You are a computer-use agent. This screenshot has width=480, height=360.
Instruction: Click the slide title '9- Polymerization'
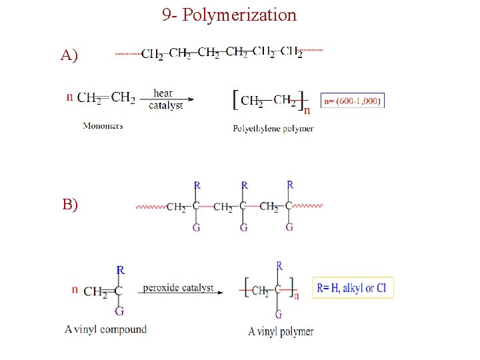coord(229,15)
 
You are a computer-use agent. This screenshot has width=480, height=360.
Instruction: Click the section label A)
coord(69,55)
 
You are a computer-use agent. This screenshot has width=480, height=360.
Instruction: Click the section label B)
coord(70,205)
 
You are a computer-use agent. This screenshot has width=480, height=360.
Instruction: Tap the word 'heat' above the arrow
coord(163,93)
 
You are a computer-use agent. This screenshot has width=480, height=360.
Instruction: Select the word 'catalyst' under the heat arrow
coord(165,105)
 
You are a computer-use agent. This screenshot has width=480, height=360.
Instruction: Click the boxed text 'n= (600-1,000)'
coord(353,101)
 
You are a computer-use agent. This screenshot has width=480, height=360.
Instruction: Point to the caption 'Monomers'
coord(103,125)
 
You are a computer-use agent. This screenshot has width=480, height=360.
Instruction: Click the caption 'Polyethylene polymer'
coord(273,129)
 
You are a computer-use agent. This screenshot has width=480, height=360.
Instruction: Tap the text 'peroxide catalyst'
coord(177,288)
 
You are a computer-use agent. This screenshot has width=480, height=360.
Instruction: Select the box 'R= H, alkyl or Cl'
coord(353,288)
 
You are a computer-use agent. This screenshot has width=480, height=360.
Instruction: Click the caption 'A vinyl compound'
coord(106,329)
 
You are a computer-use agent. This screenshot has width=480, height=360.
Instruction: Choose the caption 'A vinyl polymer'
coord(281,331)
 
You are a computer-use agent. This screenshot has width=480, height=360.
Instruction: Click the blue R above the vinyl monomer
coord(120,270)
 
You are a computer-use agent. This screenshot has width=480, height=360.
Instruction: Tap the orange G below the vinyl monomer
coord(119,311)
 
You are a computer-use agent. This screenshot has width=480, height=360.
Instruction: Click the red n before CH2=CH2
coord(70,97)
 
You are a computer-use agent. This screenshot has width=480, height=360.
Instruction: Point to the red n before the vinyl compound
coord(75,290)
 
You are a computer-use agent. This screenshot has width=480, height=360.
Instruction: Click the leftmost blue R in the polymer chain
coord(197,185)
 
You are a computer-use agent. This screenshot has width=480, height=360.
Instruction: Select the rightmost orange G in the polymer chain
coord(289,227)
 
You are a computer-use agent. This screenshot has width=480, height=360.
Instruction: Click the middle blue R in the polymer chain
coord(244,185)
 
